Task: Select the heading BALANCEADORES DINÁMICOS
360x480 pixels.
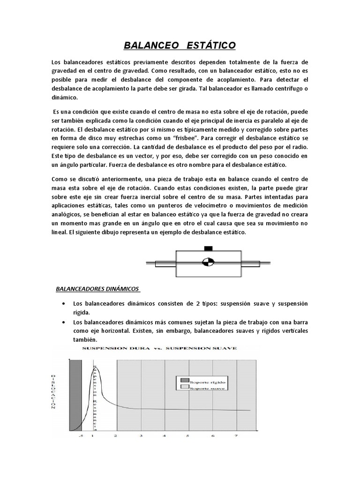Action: [97, 289]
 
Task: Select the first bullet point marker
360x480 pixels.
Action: [63, 304]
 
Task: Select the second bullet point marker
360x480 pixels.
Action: [63, 322]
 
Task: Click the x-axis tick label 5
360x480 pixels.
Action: [187, 435]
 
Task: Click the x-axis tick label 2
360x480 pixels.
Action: [116, 435]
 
